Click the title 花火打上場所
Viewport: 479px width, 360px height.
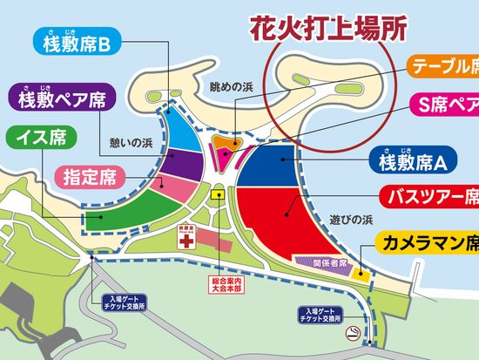328,29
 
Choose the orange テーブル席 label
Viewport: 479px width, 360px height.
442,66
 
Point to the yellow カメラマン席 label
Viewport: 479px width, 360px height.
427,241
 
